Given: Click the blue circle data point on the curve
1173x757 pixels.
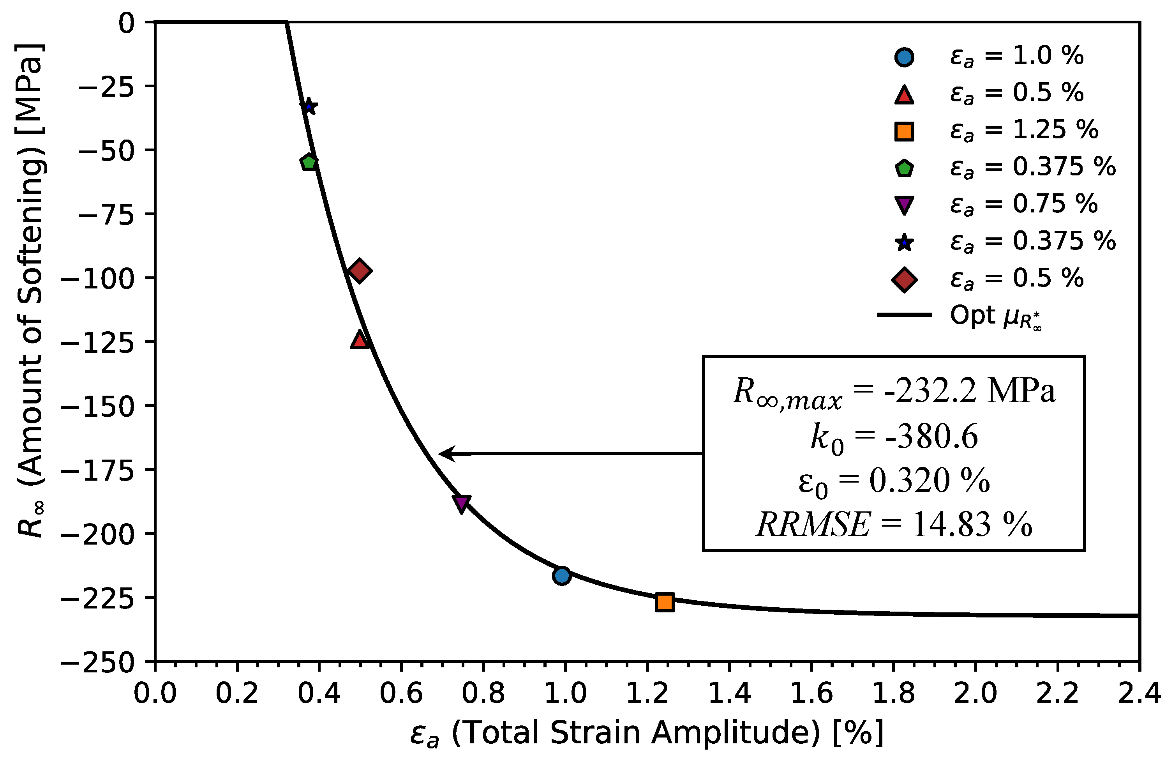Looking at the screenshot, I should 561,575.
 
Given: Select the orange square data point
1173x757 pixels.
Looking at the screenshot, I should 664,602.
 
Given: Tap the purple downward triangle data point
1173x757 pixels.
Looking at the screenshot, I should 461,503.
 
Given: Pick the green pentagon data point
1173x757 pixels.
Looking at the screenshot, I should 309,162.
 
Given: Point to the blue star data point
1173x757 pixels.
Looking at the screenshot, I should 309,106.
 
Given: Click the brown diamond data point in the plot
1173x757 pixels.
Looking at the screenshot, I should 360,271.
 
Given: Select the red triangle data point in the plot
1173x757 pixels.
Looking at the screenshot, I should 360,340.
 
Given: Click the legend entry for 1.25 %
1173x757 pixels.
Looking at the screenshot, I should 1024,130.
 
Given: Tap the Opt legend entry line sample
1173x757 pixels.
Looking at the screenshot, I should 904,315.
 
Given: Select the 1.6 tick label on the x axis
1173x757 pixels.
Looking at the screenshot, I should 811,693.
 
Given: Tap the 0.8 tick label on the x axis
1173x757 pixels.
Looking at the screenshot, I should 483,693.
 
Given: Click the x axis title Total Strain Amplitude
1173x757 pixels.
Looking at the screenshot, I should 646,733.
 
